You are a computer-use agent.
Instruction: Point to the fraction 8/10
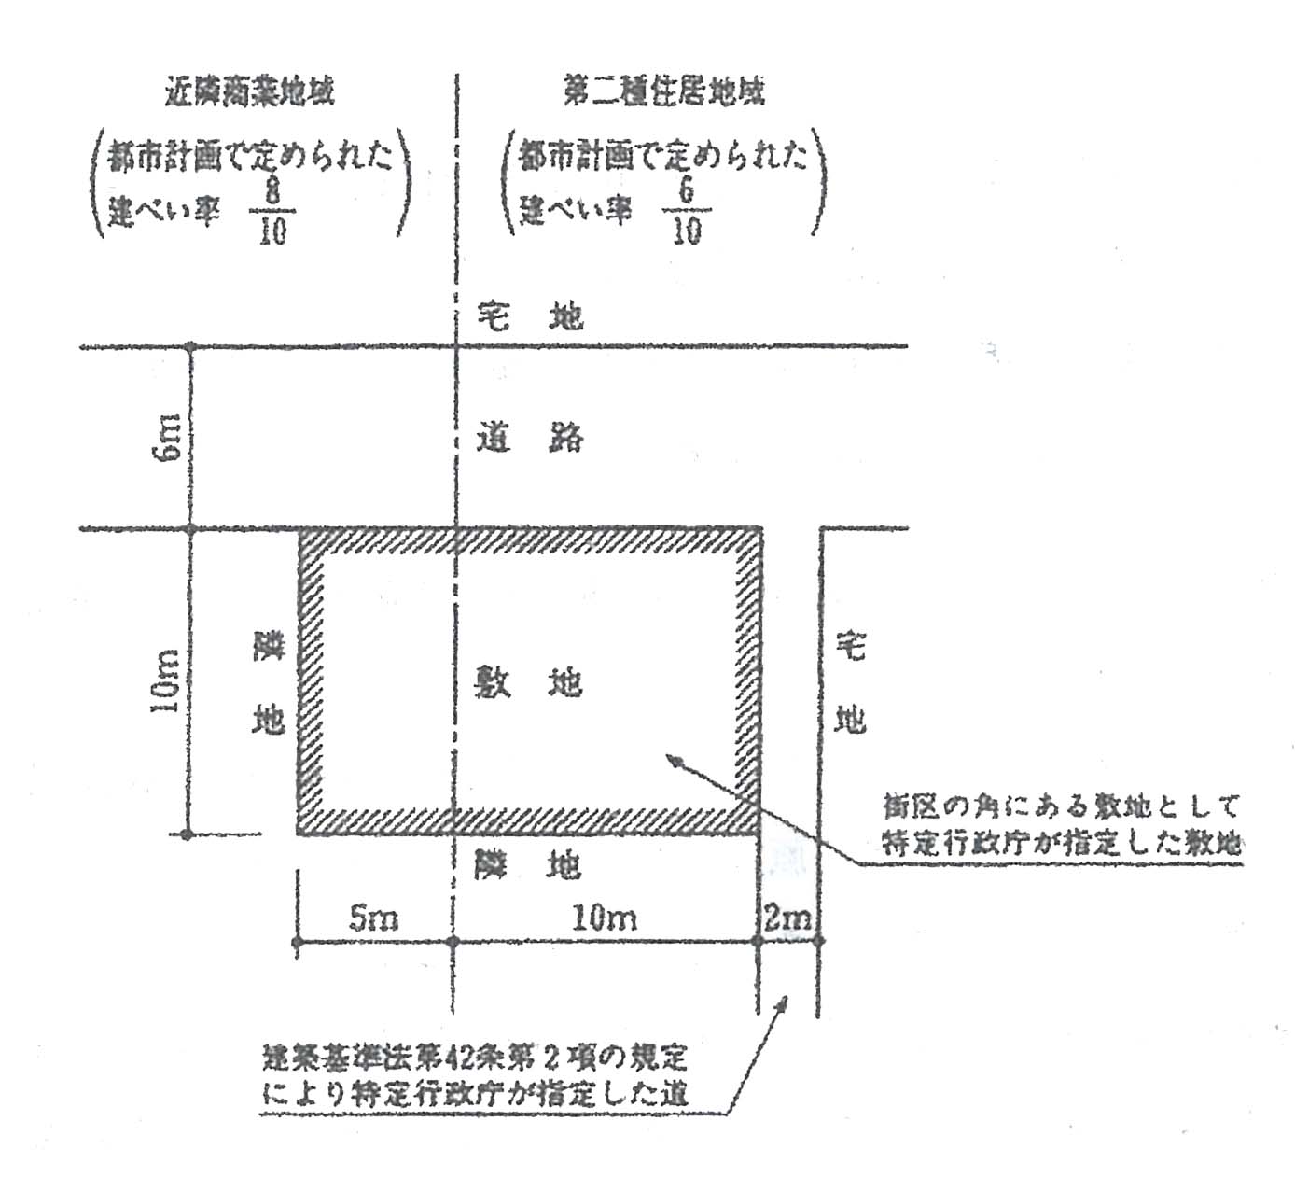[272, 212]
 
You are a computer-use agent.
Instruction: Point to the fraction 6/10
[686, 212]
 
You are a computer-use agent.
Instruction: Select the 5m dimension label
[373, 918]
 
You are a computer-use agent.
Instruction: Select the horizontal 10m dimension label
[604, 918]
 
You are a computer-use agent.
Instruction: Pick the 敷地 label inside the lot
[528, 682]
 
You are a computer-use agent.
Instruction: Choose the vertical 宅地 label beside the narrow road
[850, 682]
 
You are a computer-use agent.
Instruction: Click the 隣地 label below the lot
[528, 865]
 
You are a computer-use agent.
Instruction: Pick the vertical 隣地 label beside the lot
[269, 682]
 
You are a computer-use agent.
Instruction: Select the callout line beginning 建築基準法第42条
[475, 1058]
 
